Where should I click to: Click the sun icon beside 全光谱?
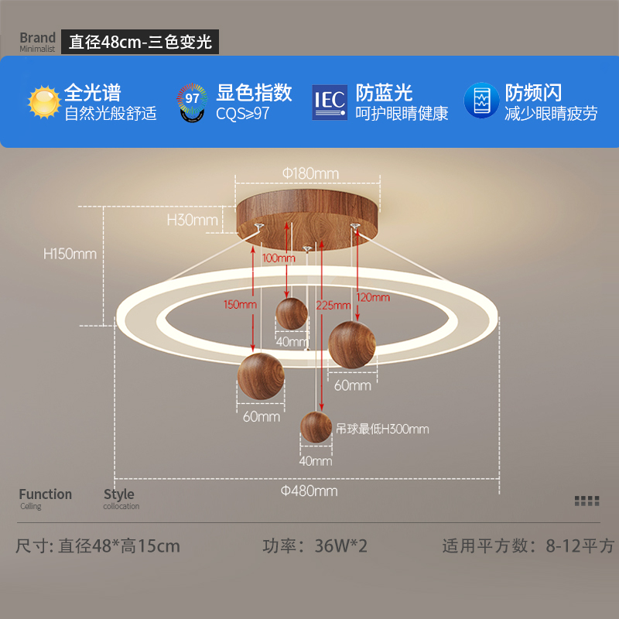coord(44,102)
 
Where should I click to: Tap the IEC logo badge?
coord(330,102)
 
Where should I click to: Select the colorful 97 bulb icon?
coord(192,103)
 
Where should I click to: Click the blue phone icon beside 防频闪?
coord(481,101)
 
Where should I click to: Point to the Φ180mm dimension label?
coord(311,173)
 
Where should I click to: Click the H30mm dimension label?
coord(192,220)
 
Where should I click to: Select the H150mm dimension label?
coord(70,254)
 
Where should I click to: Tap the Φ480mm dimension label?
coord(309,491)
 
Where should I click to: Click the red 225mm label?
coord(333,305)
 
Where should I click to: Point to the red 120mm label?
coord(373,297)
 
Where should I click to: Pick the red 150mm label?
coord(240,304)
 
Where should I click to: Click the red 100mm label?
coord(279,258)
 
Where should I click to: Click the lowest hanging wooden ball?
coord(316,427)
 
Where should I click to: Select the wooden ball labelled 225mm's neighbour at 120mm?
coord(352,344)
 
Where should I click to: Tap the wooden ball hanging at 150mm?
coord(261,376)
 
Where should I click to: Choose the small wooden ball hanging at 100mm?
coord(292,314)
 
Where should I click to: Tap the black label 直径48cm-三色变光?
coord(140,42)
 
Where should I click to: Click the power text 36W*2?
coord(340,546)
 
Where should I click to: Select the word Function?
coord(46,494)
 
